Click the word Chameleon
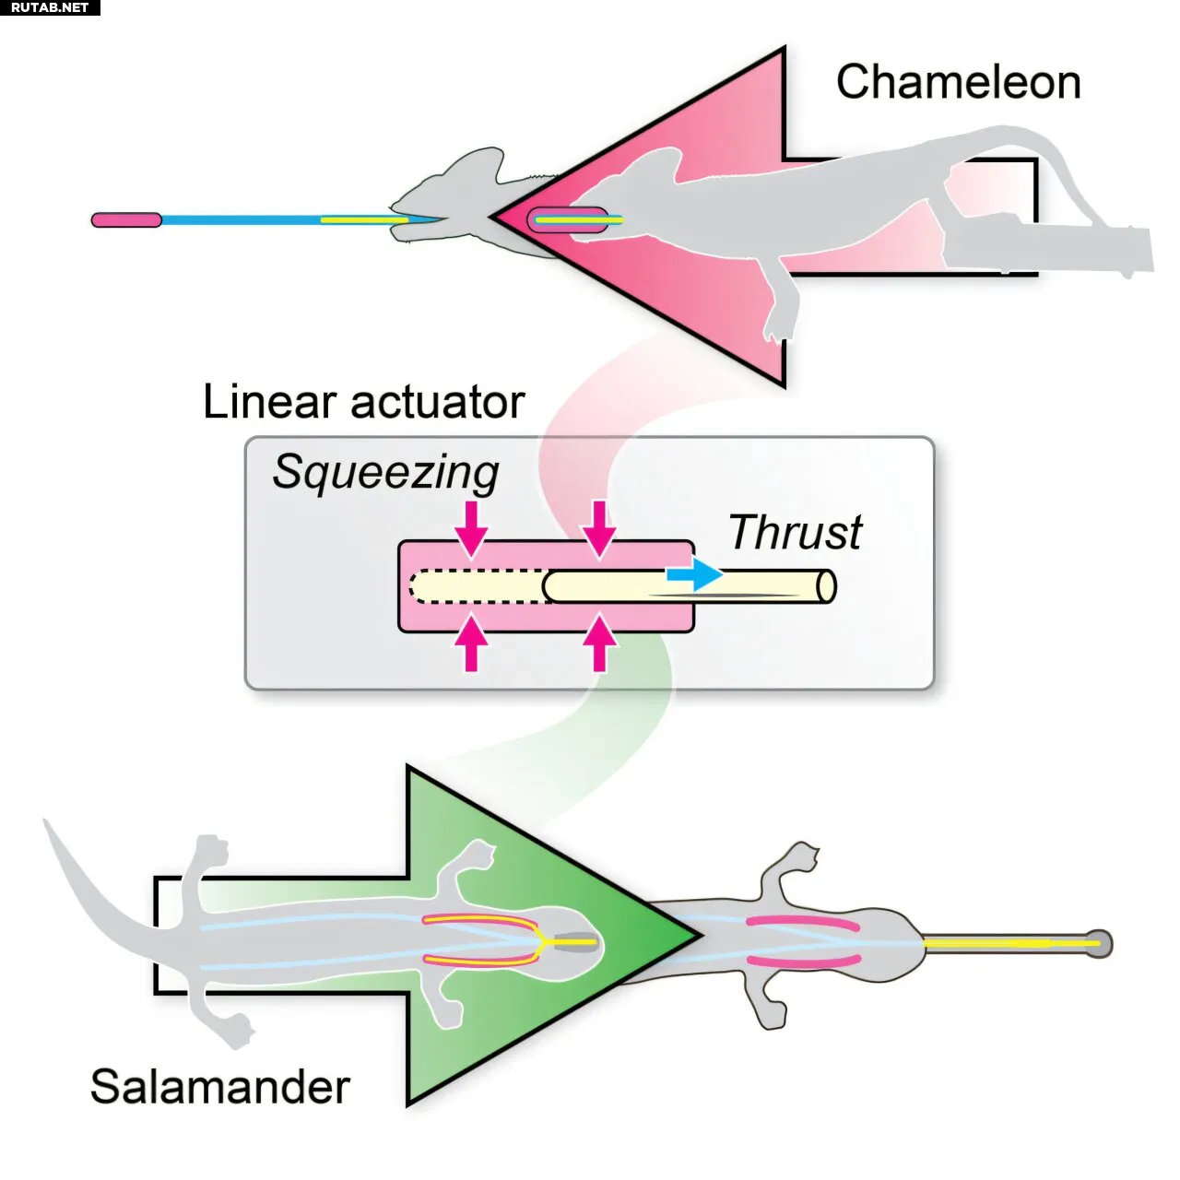point(958,83)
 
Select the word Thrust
point(795,532)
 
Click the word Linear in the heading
point(269,402)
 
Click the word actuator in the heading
point(437,404)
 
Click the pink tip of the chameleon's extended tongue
point(126,219)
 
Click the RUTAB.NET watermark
point(50,7)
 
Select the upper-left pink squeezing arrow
point(471,529)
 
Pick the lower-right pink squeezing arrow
point(599,643)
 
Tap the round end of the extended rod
point(826,586)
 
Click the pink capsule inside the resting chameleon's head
point(568,220)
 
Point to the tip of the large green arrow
point(700,935)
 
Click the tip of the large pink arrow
point(492,216)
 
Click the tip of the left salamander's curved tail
point(45,820)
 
